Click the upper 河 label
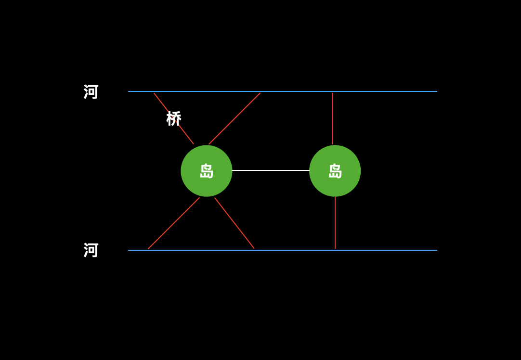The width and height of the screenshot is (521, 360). [x=91, y=91]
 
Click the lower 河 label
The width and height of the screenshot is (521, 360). [x=91, y=250]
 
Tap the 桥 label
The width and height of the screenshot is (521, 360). [x=174, y=118]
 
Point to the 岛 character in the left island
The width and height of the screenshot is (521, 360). [x=207, y=171]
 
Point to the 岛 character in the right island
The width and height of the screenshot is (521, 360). [x=335, y=171]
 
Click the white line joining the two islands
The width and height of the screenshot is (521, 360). [x=271, y=170]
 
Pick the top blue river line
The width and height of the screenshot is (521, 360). [x=289, y=91]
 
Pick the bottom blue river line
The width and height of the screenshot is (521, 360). [x=289, y=250]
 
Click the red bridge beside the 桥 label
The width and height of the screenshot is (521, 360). [x=185, y=134]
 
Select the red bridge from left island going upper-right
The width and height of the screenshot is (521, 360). [x=234, y=118]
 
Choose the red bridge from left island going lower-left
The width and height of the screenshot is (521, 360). [x=174, y=223]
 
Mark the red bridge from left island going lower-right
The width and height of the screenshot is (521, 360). [x=234, y=223]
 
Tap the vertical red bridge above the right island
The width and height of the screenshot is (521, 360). [x=333, y=118]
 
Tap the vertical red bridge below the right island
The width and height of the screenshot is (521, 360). [x=335, y=222]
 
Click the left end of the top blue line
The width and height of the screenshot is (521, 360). [x=129, y=91]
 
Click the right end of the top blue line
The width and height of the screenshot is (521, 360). [x=436, y=91]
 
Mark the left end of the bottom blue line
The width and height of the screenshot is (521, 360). [x=129, y=250]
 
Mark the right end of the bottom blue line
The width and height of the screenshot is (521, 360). [x=436, y=250]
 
